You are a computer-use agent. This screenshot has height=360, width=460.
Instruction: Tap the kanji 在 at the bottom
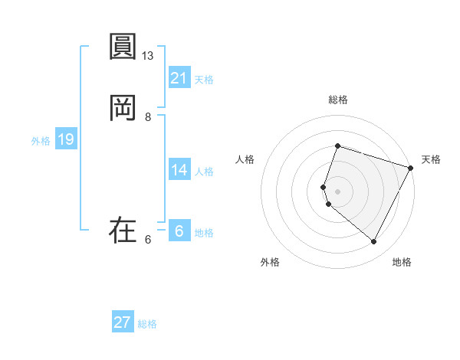click(x=123, y=230)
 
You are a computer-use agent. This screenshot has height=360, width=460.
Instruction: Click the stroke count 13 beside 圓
click(x=148, y=56)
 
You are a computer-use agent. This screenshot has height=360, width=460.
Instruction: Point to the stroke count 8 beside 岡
click(x=148, y=117)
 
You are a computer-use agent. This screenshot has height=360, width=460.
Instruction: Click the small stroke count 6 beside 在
click(x=148, y=240)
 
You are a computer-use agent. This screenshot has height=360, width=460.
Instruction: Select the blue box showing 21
click(x=179, y=77)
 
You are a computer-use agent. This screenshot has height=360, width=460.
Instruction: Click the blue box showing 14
click(x=179, y=170)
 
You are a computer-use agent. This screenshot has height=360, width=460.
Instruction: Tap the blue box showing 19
click(x=66, y=139)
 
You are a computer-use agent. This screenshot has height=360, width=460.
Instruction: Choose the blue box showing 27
click(x=123, y=322)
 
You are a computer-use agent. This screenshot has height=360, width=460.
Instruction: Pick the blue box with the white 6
click(x=179, y=230)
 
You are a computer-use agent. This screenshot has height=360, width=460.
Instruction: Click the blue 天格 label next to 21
click(x=204, y=80)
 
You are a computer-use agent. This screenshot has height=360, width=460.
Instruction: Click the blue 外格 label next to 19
click(x=41, y=142)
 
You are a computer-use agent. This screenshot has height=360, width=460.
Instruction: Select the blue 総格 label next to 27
click(x=147, y=324)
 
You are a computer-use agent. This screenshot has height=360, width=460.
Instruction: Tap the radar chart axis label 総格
click(x=338, y=100)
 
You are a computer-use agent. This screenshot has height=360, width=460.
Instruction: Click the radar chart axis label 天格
click(x=431, y=159)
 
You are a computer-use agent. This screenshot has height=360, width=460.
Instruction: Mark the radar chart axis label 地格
click(x=402, y=263)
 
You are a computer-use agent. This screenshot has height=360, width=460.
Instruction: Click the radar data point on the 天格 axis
click(x=411, y=168)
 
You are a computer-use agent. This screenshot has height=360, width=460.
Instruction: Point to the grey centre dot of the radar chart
click(x=338, y=191)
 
